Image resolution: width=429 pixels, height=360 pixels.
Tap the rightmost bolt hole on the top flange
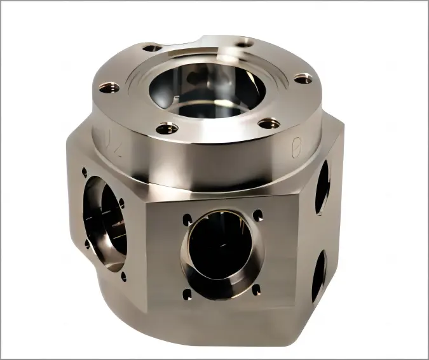[303, 79]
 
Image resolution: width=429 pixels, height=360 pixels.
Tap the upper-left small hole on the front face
[187, 220]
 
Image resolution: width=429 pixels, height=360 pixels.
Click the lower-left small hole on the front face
[187, 293]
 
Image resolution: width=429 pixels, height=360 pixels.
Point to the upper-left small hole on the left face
[84, 171]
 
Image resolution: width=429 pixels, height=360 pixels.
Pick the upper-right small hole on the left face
[122, 203]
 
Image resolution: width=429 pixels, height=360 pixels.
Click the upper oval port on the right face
[322, 185]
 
